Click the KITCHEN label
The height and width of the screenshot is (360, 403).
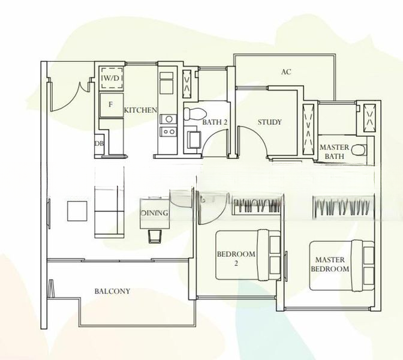[x=140, y=110]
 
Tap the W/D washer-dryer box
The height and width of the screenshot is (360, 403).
[x=112, y=78]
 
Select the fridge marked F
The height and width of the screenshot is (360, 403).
[x=112, y=105]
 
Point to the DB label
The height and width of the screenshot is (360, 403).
[x=99, y=143]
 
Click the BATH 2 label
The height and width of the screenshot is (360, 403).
[x=215, y=122]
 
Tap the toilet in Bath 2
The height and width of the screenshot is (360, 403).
[x=196, y=113]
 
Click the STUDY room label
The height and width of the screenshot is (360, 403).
[x=270, y=122]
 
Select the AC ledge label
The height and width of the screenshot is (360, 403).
[x=286, y=72]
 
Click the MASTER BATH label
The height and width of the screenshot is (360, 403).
[x=335, y=152]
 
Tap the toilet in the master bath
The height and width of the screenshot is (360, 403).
[x=359, y=150]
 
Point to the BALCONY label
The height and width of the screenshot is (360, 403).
[x=112, y=291]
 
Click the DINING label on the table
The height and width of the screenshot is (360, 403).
[x=155, y=213]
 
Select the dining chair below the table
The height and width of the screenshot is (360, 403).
[x=155, y=236]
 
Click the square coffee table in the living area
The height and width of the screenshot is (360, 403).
[x=77, y=211]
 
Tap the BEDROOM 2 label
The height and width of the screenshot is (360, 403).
[x=236, y=258]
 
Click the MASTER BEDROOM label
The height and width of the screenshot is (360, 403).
[x=330, y=265]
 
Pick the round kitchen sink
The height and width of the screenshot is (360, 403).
[x=169, y=119]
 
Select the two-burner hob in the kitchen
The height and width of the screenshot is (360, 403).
[x=169, y=131]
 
